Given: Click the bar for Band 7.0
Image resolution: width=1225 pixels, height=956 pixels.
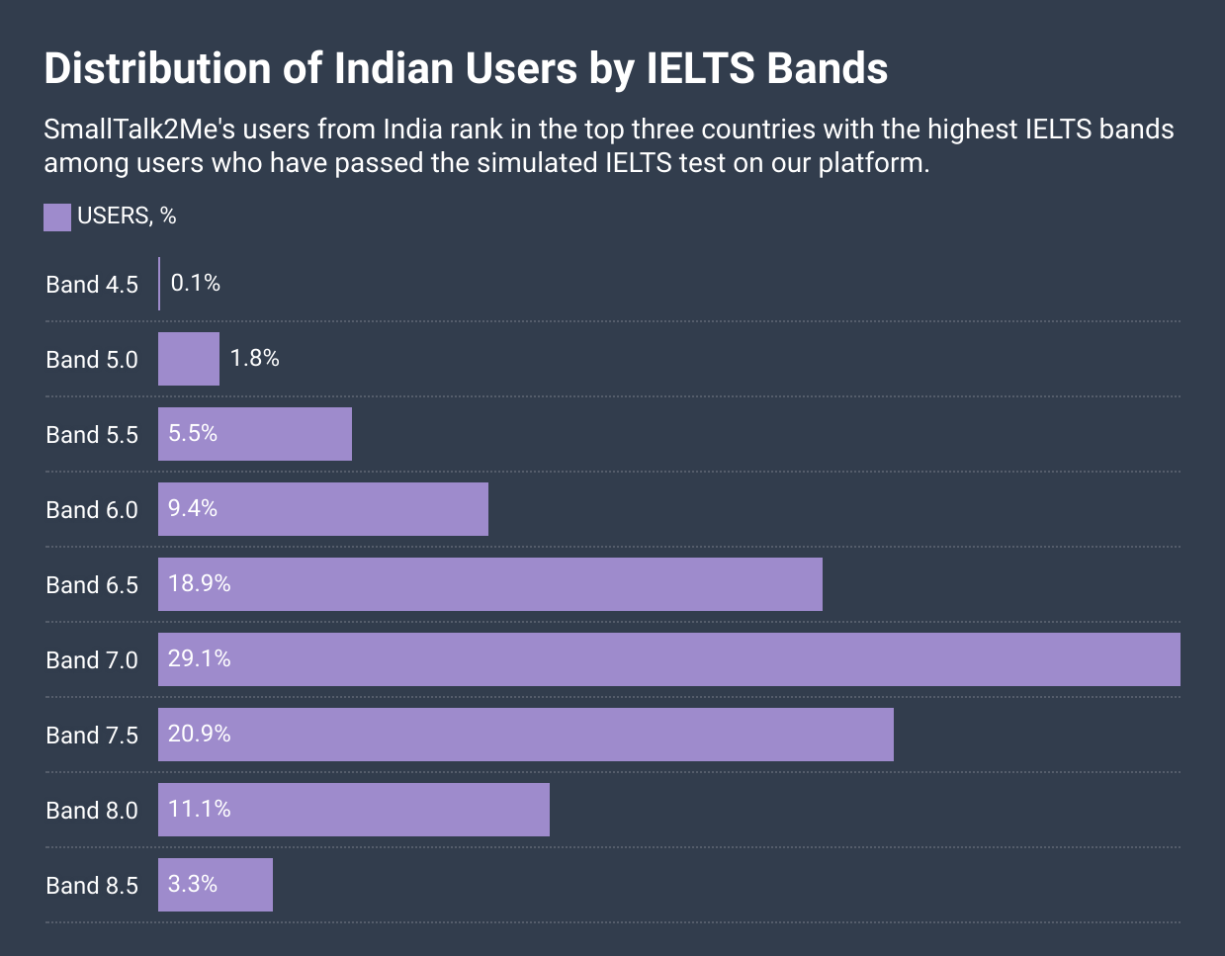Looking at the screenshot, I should coord(668,659).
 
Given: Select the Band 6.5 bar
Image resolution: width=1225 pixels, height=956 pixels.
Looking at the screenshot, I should coord(489,584).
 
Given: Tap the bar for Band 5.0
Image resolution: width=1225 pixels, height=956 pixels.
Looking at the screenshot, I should coord(189,359).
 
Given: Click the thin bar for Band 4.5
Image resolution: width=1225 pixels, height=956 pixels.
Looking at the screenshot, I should coord(159,284).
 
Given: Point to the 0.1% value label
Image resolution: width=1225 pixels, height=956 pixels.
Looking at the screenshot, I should coord(196,284).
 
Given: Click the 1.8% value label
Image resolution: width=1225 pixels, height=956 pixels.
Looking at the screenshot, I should coord(255,358).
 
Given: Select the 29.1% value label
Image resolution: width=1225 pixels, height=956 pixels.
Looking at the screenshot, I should coord(200,658).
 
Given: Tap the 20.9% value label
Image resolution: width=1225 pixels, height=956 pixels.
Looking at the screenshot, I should coord(200,734).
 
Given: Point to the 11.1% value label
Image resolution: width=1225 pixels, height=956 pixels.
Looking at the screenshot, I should coord(200,809).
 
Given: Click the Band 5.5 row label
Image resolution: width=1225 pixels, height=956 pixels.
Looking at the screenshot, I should coord(92,435).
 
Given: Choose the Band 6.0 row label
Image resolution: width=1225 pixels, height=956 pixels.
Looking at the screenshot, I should coord(92,510).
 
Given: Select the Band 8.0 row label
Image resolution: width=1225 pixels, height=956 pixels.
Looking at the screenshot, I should coord(92,811).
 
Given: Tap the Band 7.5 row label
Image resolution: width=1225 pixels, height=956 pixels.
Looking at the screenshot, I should coord(92,736).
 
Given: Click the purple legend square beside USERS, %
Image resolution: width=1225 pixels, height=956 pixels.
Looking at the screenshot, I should coord(57,217).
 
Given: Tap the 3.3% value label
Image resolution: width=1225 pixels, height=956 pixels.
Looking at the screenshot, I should coord(193,884).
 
